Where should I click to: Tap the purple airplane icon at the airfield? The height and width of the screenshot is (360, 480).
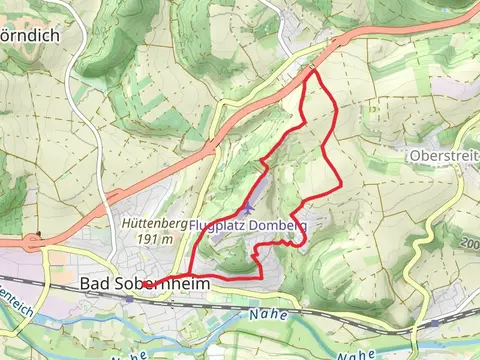(247, 207)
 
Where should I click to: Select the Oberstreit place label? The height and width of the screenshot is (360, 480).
(444, 156)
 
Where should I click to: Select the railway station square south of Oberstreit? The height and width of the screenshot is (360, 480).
(436, 324)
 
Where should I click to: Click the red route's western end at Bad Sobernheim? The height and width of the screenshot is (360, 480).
(147, 285)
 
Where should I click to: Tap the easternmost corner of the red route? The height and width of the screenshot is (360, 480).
(342, 186)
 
